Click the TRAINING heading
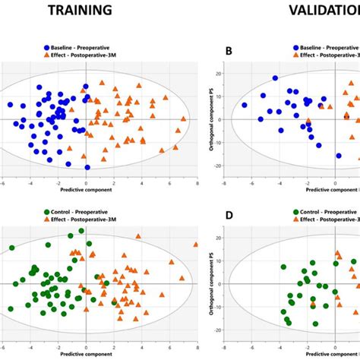(x=80, y=11)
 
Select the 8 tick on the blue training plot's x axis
(x=197, y=183)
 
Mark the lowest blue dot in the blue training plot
(x=87, y=167)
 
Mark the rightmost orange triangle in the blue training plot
(x=183, y=119)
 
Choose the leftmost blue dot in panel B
(x=245, y=106)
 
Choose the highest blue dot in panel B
(x=275, y=78)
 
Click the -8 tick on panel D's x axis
(x=223, y=347)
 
